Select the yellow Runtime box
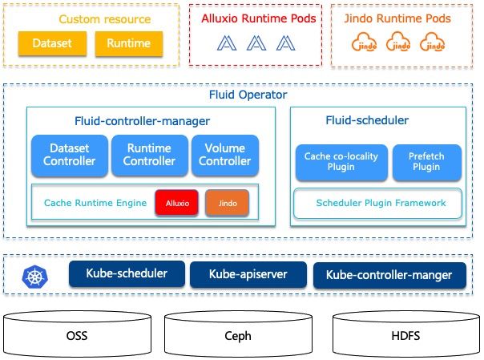(x=129, y=44)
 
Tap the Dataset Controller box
(x=69, y=155)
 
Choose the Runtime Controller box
(x=149, y=155)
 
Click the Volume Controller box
(x=225, y=155)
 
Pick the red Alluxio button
(x=177, y=204)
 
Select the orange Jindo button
(x=227, y=204)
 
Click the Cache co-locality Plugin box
(x=341, y=161)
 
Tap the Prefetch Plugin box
(x=426, y=161)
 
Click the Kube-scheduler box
(x=127, y=273)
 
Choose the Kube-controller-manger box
(x=389, y=275)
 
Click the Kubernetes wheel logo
(x=34, y=277)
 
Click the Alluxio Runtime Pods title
(x=257, y=18)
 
